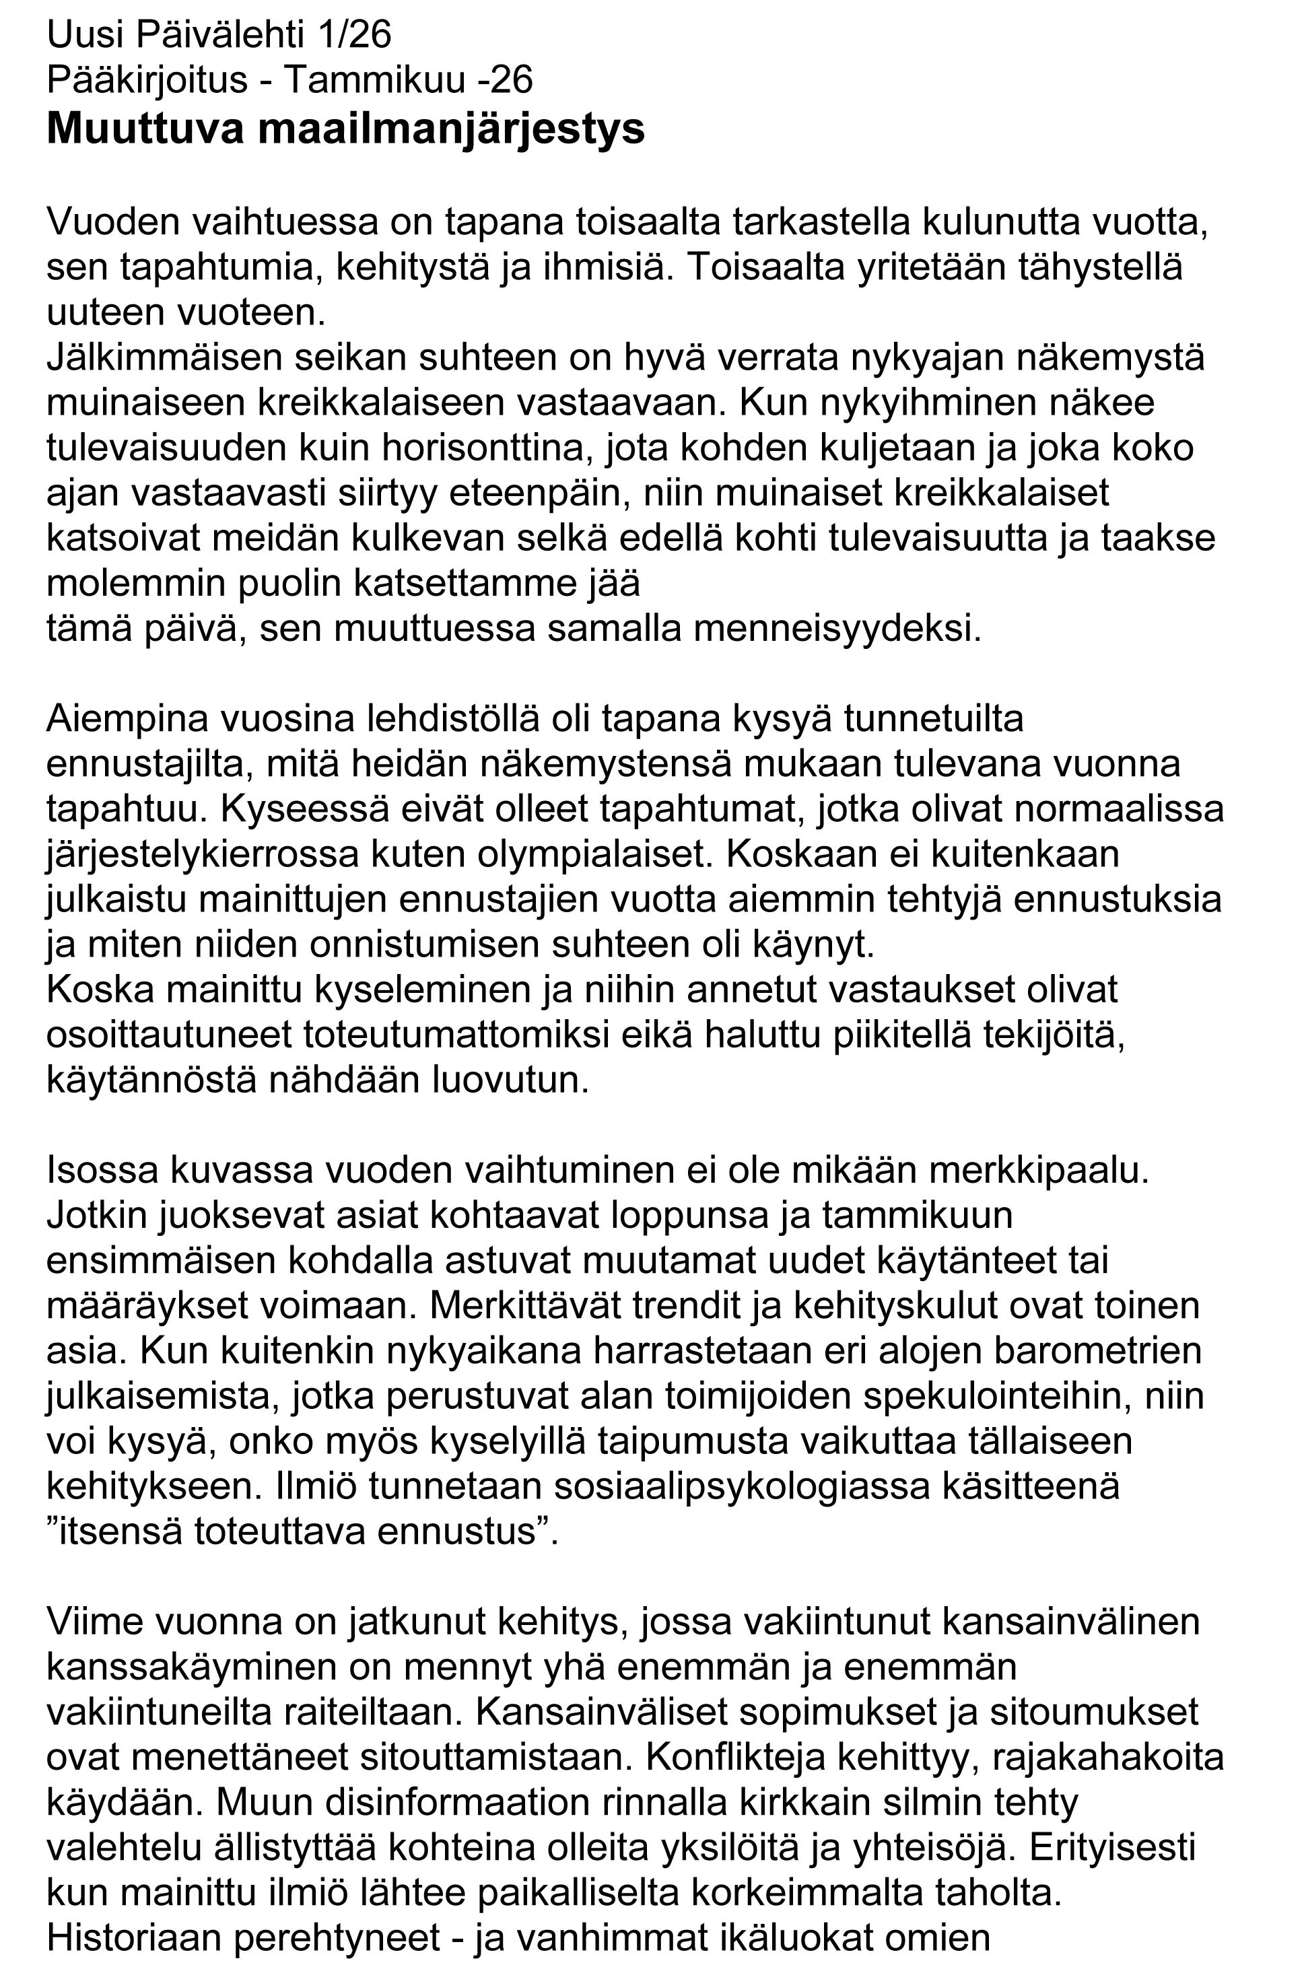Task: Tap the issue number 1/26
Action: (353, 36)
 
